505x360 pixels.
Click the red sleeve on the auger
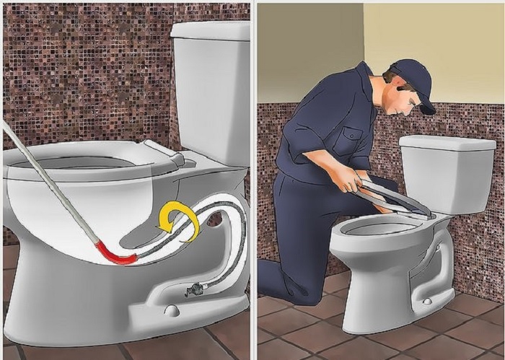(x=115, y=253)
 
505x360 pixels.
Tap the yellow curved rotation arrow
(x=181, y=221)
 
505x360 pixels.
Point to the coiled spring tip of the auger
(x=197, y=290)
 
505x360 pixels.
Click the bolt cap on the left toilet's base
(x=171, y=311)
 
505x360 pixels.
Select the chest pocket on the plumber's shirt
(x=350, y=136)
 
